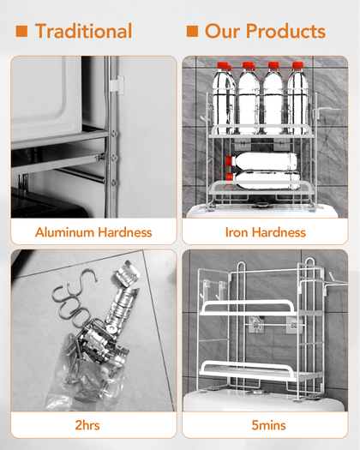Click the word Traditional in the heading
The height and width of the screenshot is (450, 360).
pyautogui.click(x=83, y=31)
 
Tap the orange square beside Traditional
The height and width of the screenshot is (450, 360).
pyautogui.click(x=21, y=31)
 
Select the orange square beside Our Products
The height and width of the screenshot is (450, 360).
pyautogui.click(x=192, y=31)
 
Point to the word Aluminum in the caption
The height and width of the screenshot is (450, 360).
pyautogui.click(x=64, y=232)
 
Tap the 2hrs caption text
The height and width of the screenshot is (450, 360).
pyautogui.click(x=87, y=425)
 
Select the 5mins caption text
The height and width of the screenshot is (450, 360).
pyautogui.click(x=268, y=425)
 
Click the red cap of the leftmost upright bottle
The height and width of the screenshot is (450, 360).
pyautogui.click(x=223, y=65)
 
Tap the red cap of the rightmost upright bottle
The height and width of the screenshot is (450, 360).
pyautogui.click(x=297, y=65)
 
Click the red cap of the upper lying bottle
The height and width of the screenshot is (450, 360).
pyautogui.click(x=229, y=161)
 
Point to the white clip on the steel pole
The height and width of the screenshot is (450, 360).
pyautogui.click(x=117, y=85)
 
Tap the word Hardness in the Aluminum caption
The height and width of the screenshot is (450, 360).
pyautogui.click(x=125, y=232)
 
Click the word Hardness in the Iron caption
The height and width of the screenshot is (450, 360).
pyautogui.click(x=279, y=232)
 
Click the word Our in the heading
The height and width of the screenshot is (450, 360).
pyautogui.click(x=223, y=31)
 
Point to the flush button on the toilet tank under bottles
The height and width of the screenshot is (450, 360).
pyautogui.click(x=262, y=205)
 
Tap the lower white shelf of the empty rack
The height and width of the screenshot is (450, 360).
pyautogui.click(x=248, y=371)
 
